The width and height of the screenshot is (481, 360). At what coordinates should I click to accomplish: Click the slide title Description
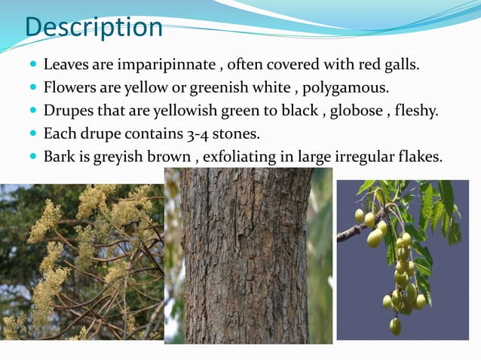point(93,27)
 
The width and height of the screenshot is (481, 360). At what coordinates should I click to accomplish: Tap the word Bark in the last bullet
point(59,157)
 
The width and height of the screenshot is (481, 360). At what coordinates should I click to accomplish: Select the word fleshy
point(417,111)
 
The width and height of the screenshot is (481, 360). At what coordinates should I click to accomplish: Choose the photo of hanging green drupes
point(402,260)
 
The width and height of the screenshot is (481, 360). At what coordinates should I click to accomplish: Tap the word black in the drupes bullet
point(305,111)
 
